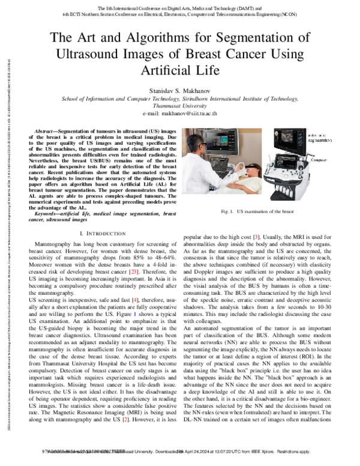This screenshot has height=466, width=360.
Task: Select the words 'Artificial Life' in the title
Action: pos(180,71)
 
